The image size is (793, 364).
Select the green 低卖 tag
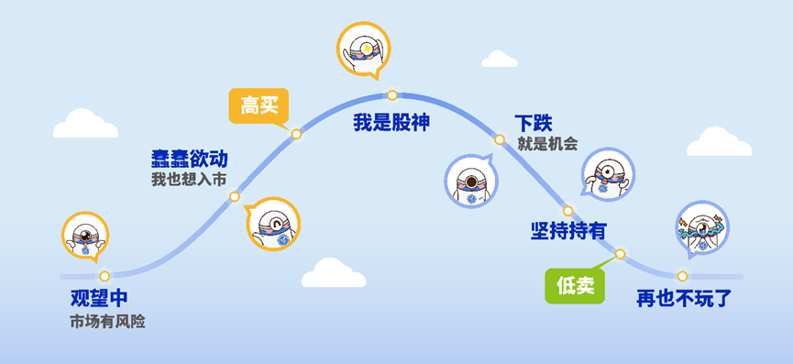(575, 286)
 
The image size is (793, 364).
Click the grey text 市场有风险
(107, 322)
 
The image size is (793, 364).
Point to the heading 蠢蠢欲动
(189, 159)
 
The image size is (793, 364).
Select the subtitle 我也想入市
(189, 179)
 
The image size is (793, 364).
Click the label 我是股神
(391, 123)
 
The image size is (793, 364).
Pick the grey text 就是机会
(547, 143)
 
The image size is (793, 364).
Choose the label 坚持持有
(568, 230)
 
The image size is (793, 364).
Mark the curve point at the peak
(391, 94)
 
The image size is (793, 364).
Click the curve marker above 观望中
(105, 275)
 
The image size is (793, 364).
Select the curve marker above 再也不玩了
(682, 275)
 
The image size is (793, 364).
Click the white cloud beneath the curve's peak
(334, 273)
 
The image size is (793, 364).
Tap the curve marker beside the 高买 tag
(296, 134)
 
